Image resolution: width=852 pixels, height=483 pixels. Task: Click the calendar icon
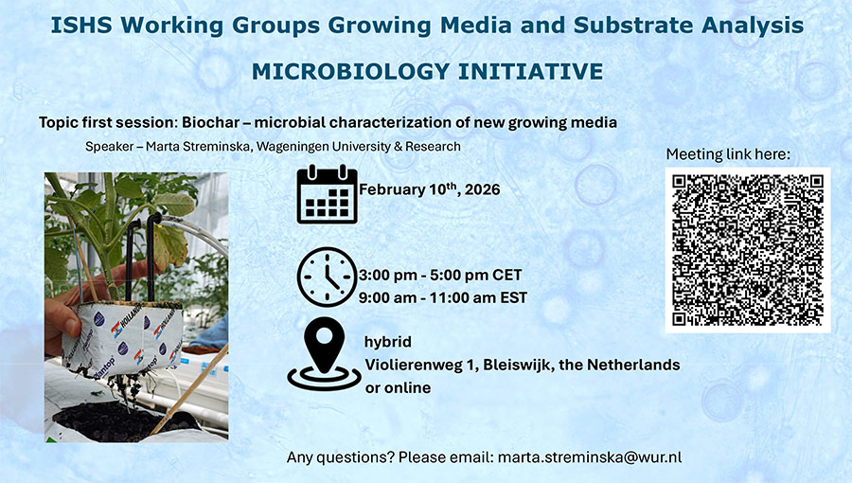click(x=328, y=194)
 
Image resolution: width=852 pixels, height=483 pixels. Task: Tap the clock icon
click(x=328, y=277)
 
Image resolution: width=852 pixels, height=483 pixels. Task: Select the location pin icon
click(x=325, y=353)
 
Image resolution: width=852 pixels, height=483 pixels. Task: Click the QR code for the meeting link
click(x=748, y=250)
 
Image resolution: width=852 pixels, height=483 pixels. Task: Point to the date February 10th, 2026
click(x=429, y=189)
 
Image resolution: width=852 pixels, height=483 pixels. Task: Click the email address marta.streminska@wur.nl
click(x=590, y=457)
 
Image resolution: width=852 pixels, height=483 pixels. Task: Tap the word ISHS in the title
click(x=82, y=26)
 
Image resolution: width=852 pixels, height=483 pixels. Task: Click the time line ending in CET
click(x=440, y=276)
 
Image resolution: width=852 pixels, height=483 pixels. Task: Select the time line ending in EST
click(x=443, y=297)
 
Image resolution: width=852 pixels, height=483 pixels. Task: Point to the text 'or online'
click(x=398, y=388)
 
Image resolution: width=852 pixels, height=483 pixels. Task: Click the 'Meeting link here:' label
click(x=728, y=154)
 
